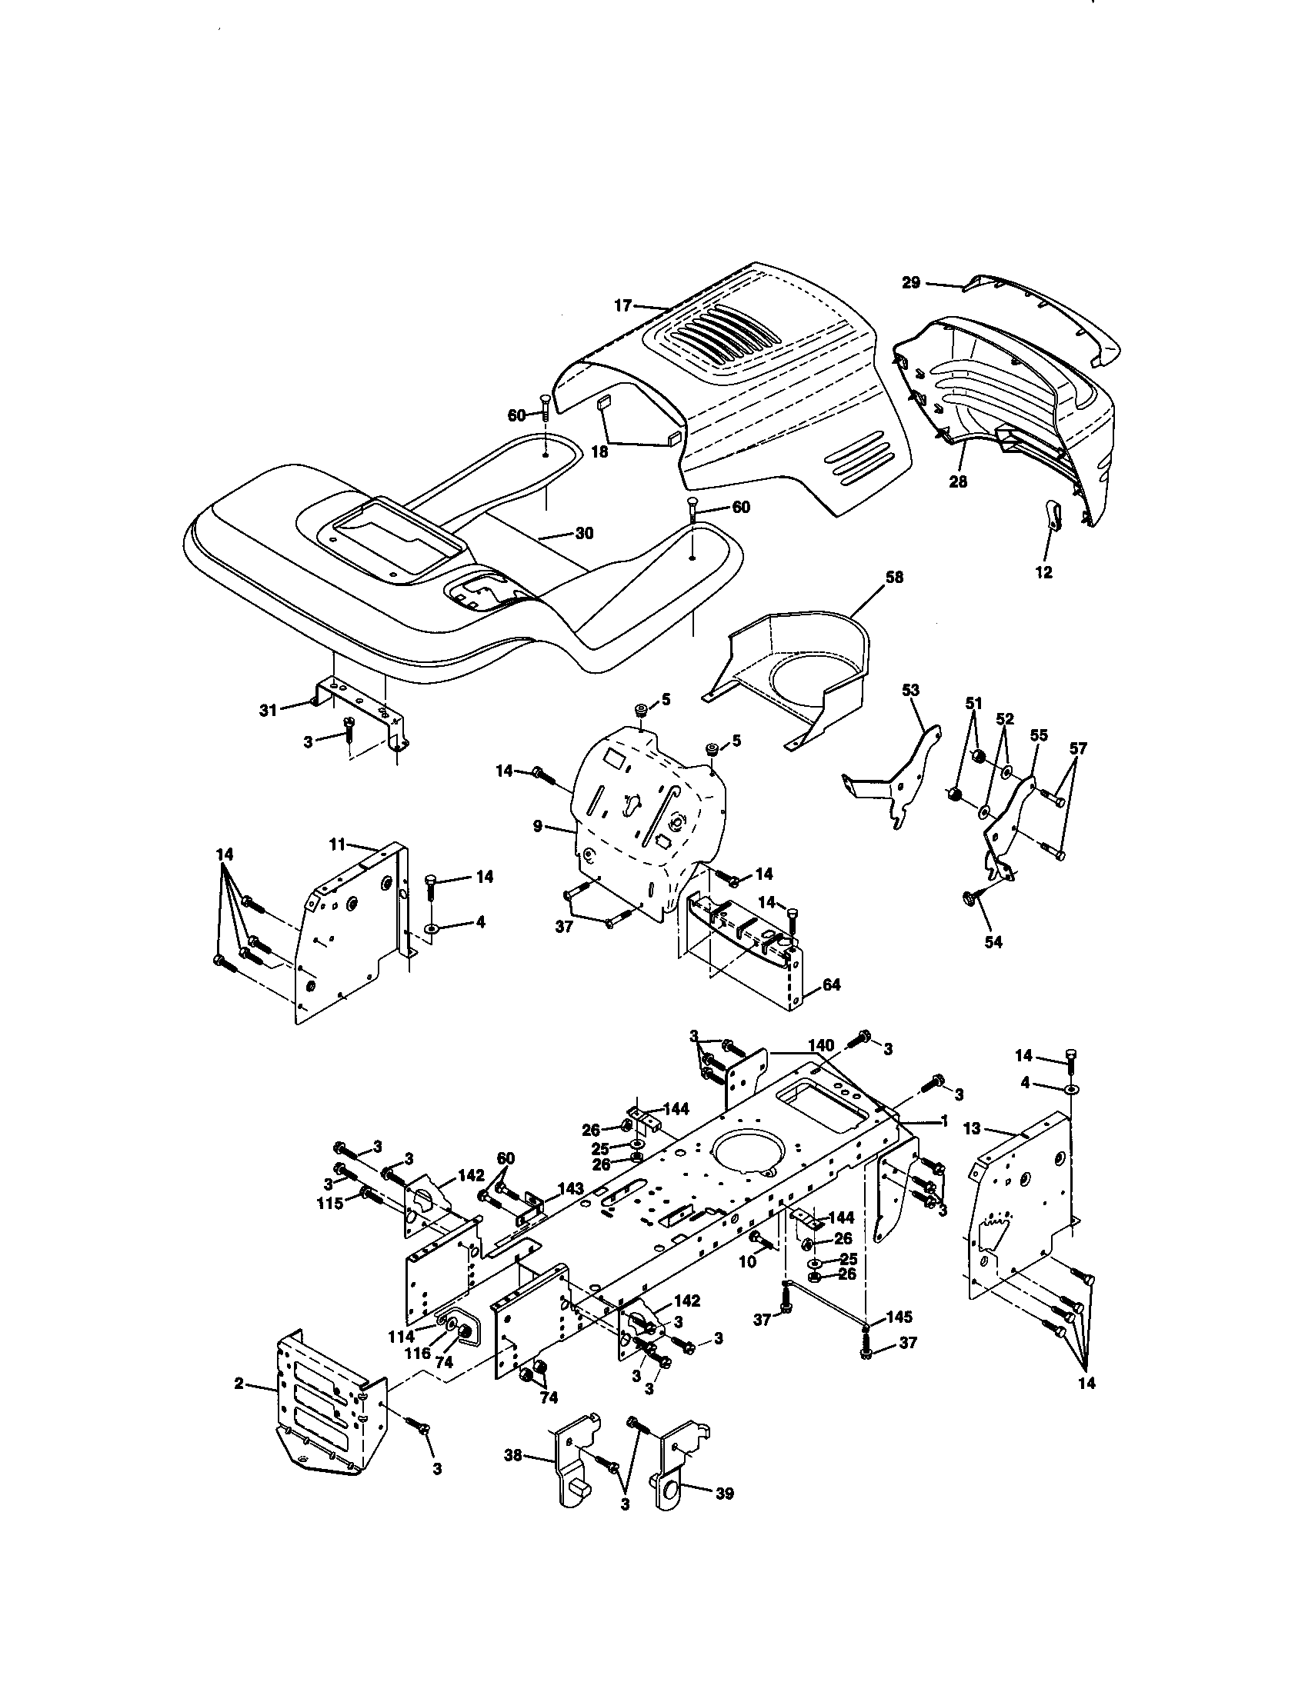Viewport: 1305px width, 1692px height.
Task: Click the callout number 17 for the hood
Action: click(623, 305)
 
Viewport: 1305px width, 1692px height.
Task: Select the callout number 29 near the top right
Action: click(911, 283)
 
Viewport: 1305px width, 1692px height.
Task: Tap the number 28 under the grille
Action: click(959, 481)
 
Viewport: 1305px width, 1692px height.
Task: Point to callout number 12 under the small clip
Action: click(1044, 572)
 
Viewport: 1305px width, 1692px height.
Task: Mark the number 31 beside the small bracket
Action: click(267, 710)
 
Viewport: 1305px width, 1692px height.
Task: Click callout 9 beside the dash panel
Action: click(537, 827)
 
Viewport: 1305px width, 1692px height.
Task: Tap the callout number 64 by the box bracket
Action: click(831, 984)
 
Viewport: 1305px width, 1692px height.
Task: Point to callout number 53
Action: click(910, 689)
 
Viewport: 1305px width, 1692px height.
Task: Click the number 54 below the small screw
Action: click(993, 943)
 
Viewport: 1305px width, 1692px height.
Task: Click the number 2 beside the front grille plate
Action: click(239, 1383)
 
